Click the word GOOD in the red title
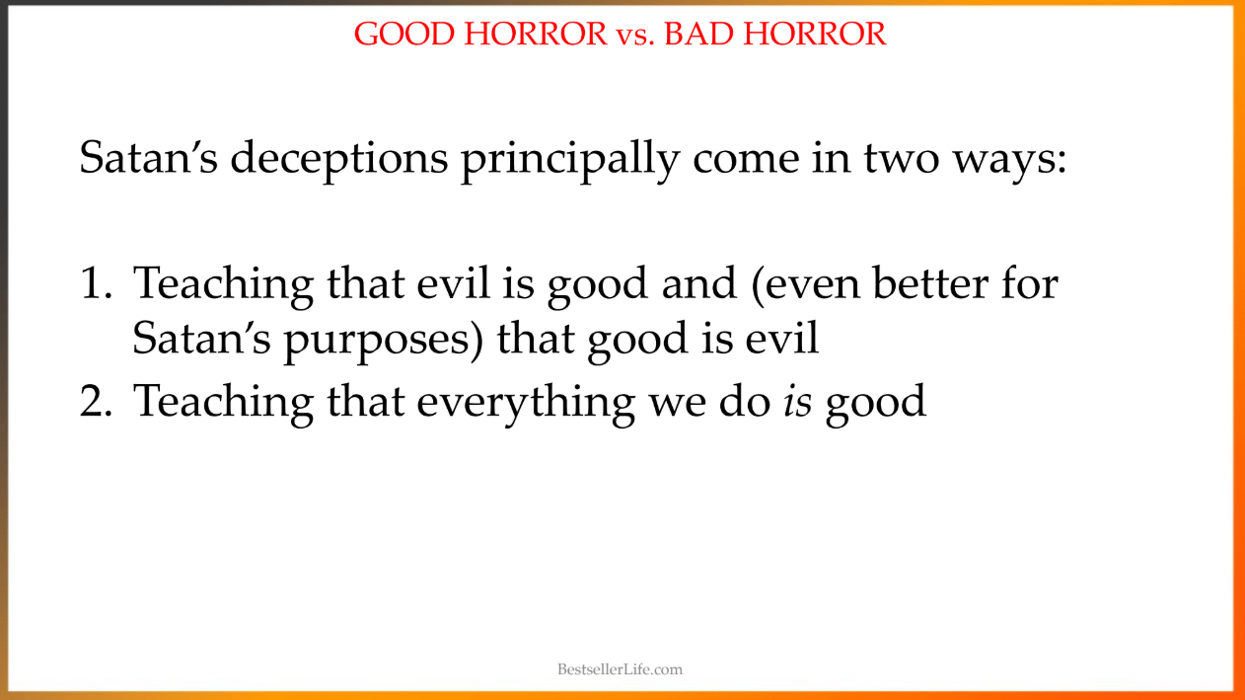point(404,34)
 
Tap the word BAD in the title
point(696,34)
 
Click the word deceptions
point(339,160)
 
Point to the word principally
point(570,160)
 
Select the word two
point(901,160)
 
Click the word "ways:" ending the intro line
point(1010,163)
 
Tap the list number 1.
point(96,283)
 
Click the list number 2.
point(96,401)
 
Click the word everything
point(526,402)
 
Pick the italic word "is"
point(797,401)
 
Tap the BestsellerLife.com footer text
point(620,669)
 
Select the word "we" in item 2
point(677,404)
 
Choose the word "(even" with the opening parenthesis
point(805,285)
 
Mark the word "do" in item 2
point(744,401)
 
